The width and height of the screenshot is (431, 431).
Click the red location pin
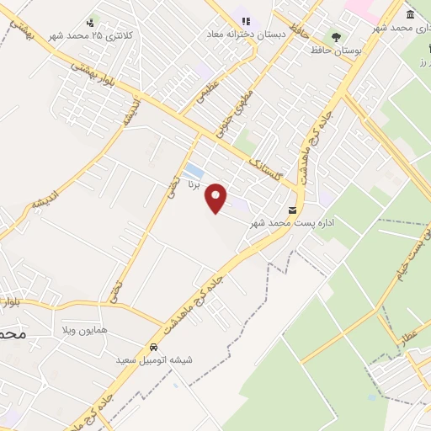coord(217,199)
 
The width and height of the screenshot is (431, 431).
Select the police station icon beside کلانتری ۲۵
coord(90,23)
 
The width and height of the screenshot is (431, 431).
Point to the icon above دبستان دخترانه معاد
coord(246,20)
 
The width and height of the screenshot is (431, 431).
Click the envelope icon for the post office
coord(293,210)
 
